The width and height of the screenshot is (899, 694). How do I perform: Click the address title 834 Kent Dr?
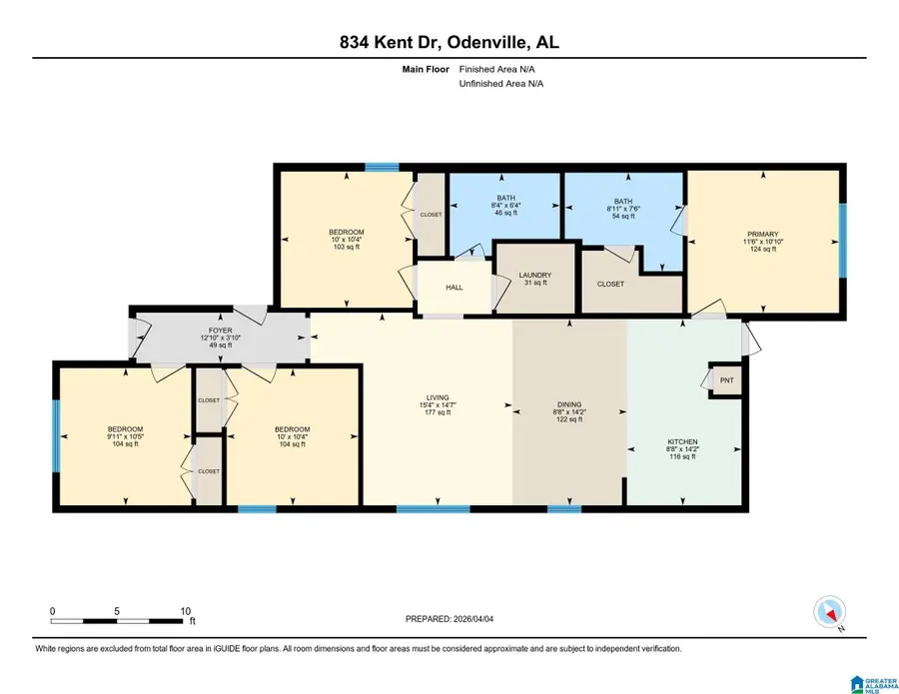449,42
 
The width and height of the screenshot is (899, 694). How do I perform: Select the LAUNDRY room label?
536,275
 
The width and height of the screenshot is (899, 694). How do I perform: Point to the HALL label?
454,288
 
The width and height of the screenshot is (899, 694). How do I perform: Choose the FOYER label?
221,331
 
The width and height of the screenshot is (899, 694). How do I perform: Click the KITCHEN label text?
683,441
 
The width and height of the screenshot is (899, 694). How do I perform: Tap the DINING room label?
568,406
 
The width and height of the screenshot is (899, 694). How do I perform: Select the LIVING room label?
437,403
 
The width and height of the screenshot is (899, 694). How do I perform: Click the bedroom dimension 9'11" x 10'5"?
126,436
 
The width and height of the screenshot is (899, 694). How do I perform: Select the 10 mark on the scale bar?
184,611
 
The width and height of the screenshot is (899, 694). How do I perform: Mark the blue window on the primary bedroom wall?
842,241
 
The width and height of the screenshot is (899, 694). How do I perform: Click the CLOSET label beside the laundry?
610,284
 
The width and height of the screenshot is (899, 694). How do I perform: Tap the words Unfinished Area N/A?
500,84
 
